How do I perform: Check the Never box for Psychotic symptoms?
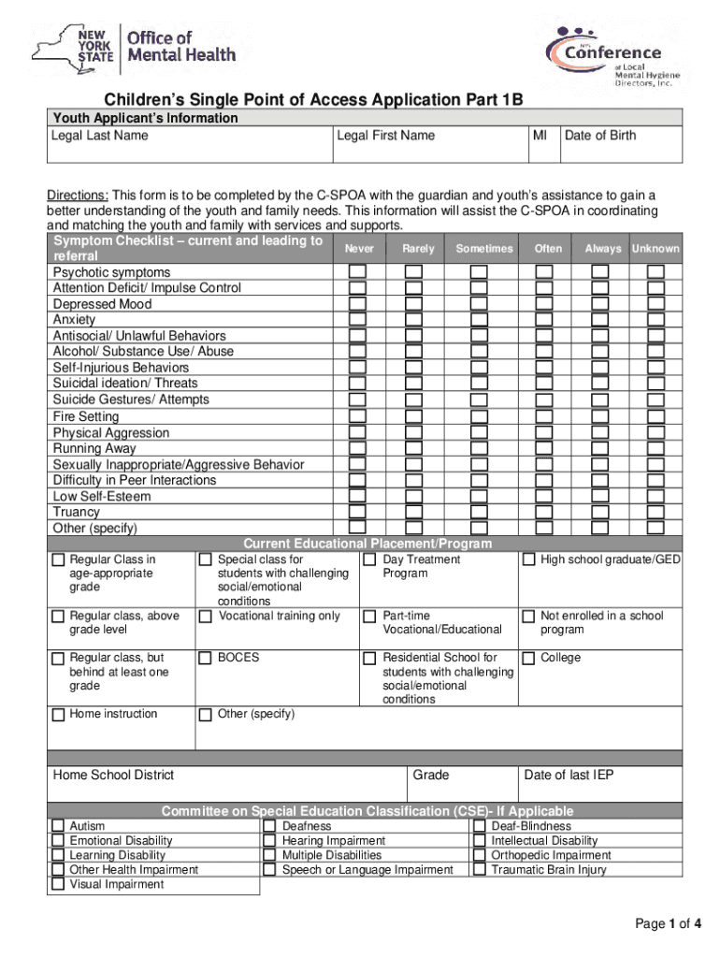[357, 272]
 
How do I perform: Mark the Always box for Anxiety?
[599, 320]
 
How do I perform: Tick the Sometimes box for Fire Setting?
[479, 416]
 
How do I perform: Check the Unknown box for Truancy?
[655, 512]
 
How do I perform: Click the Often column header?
[548, 249]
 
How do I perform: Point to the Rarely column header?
[418, 249]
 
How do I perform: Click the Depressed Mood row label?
[102, 304]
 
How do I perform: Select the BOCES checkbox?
[205, 658]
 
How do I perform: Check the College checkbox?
[528, 658]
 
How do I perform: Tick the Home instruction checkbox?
[58, 715]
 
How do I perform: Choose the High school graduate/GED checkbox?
[528, 559]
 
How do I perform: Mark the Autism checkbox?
[58, 827]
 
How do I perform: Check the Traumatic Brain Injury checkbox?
[479, 870]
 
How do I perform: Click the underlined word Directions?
[79, 196]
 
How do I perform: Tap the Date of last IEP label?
[569, 775]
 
